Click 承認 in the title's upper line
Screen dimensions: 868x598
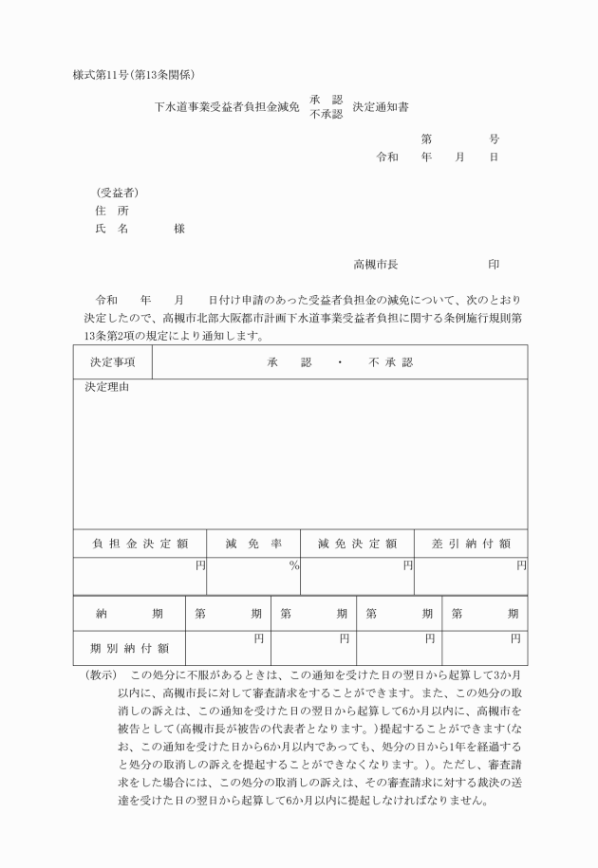click(x=326, y=101)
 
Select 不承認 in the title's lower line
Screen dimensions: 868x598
click(x=326, y=114)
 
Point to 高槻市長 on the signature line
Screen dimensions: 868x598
click(x=375, y=263)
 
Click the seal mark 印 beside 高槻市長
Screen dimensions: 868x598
click(x=494, y=263)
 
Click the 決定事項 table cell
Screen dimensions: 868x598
click(x=112, y=362)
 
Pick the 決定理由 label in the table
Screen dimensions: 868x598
click(x=106, y=387)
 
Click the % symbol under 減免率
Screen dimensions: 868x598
click(x=294, y=566)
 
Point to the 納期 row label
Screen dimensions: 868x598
click(x=129, y=614)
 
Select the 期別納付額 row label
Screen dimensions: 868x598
click(x=129, y=648)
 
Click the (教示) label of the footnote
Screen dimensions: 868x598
click(x=100, y=674)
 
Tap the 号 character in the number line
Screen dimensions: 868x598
click(x=494, y=139)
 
